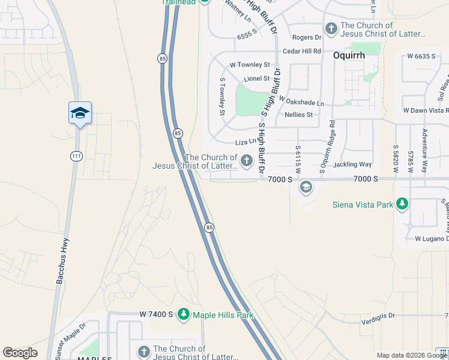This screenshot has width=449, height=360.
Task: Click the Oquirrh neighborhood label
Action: [x=346, y=55]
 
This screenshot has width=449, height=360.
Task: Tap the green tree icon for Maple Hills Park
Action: [x=184, y=314]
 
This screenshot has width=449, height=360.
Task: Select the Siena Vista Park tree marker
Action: [x=402, y=204]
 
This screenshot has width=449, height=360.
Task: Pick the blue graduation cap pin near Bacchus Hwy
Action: [x=80, y=113]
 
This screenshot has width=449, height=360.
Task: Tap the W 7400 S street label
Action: [x=156, y=314]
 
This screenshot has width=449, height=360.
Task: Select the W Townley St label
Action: [x=250, y=65]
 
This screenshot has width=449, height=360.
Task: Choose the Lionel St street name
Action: [x=256, y=79]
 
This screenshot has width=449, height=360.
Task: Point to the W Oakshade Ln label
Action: [x=301, y=103]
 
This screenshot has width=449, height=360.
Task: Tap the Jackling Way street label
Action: [x=352, y=164]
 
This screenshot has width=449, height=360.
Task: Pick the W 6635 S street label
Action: [x=421, y=56]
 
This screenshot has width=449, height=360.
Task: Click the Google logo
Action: [x=20, y=353]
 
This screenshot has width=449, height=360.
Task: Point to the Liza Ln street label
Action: [x=246, y=142]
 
